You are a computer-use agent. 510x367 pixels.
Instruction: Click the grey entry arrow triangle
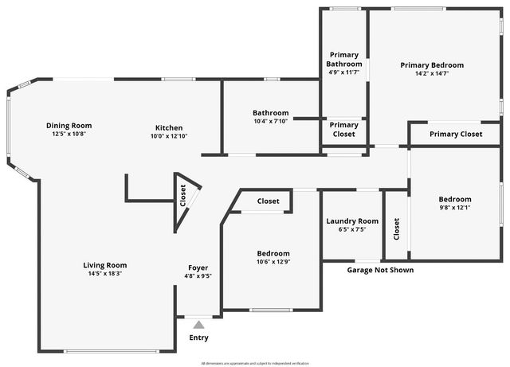[198, 324]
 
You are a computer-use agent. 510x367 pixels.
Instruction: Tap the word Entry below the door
[198, 338]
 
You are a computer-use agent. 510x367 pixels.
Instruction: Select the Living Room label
[105, 265]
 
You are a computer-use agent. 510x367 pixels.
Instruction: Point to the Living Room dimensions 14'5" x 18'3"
[105, 274]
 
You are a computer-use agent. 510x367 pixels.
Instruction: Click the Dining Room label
[69, 125]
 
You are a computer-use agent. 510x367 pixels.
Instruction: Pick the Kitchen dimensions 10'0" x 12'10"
[169, 136]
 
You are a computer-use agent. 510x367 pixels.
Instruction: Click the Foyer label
[198, 267]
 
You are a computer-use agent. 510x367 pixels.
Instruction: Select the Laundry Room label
[352, 221]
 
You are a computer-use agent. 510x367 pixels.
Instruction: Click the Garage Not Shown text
[380, 270]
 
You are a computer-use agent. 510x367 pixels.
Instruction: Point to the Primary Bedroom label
[432, 65]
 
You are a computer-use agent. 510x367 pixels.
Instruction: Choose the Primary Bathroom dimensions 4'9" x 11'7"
[344, 72]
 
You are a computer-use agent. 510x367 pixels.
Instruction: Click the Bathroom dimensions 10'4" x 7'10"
[271, 121]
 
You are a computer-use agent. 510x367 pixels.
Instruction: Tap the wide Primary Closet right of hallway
[456, 134]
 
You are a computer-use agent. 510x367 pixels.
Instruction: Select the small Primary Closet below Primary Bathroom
[344, 130]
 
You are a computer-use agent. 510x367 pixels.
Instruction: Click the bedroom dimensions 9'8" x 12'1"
[455, 208]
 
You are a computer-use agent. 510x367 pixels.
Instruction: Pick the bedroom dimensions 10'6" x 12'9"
[273, 261]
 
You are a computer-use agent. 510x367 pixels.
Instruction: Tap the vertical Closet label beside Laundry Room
[397, 229]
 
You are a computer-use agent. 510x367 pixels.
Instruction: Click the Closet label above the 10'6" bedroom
[269, 201]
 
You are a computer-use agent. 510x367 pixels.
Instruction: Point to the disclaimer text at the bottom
[255, 362]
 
